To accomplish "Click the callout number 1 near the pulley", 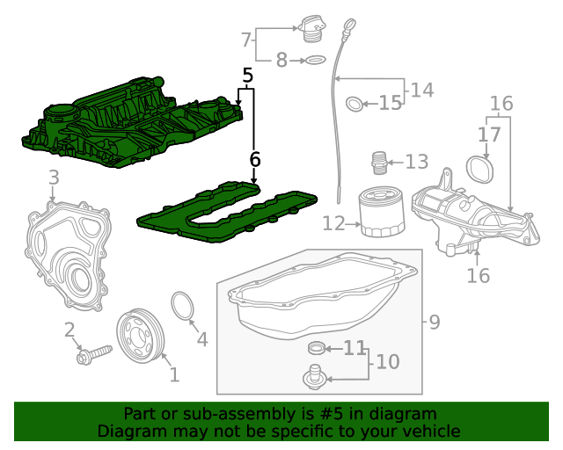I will pyautogui.click(x=174, y=375).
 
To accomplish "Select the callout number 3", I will pyautogui.click(x=54, y=178).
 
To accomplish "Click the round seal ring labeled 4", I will pyautogui.click(x=182, y=307).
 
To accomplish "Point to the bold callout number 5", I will pyautogui.click(x=248, y=76).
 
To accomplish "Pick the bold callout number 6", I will pyautogui.click(x=255, y=159).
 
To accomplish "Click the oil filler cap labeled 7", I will pyautogui.click(x=312, y=29).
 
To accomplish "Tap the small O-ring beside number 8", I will pyautogui.click(x=314, y=60).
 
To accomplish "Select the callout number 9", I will pyautogui.click(x=434, y=323).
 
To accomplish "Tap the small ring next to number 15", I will pyautogui.click(x=354, y=104).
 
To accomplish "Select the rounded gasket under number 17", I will pyautogui.click(x=479, y=168).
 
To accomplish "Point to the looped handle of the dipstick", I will pyautogui.click(x=351, y=25).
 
